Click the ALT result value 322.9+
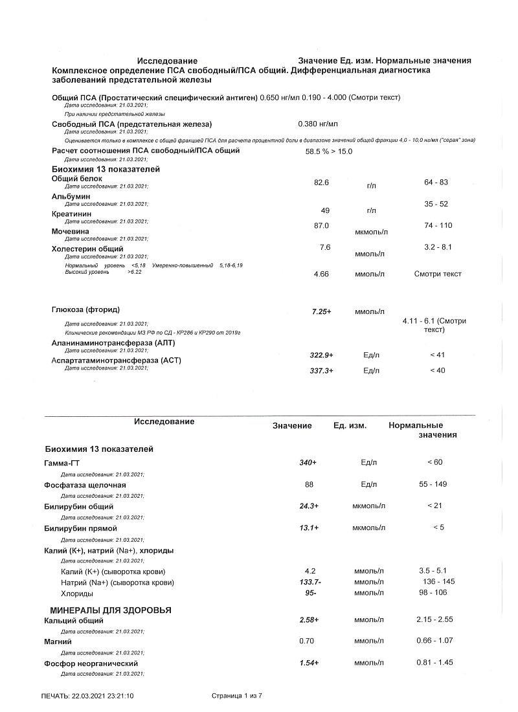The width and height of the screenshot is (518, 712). (322, 355)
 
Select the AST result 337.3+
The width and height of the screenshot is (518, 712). (322, 371)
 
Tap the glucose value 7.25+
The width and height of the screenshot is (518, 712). (322, 312)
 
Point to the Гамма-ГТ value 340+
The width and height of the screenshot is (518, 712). (308, 463)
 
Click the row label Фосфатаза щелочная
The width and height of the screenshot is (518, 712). (85, 485)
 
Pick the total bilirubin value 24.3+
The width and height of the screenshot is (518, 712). (309, 507)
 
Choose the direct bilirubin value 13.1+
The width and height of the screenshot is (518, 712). (309, 529)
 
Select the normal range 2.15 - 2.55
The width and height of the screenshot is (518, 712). (434, 620)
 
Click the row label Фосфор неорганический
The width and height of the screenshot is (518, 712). (91, 663)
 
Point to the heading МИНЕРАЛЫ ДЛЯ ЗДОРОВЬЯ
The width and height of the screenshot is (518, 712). (111, 610)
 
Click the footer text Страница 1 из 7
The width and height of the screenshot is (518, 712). (236, 696)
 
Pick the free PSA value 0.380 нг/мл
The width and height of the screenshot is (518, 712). (318, 124)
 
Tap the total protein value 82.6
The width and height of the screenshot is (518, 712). (322, 183)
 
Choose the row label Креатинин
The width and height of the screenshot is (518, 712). (71, 214)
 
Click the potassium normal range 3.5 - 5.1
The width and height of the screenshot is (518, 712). (434, 572)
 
